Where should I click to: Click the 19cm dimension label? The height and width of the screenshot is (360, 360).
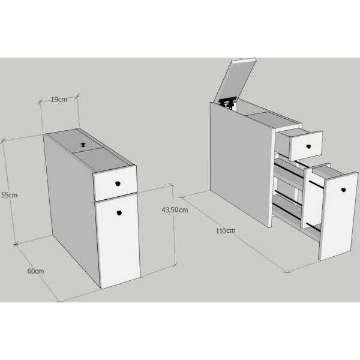tap(59, 100)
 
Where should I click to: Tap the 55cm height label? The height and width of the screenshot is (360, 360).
tap(10, 195)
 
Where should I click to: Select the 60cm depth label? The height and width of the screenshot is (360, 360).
tap(35, 271)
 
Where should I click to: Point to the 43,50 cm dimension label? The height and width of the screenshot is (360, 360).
tap(175, 210)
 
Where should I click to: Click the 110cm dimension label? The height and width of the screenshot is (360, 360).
tap(226, 230)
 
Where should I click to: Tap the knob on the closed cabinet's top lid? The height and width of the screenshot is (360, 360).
tap(83, 145)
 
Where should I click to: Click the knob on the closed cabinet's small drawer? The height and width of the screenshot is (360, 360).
tap(118, 184)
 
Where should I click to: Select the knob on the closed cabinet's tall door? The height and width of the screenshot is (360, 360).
tap(119, 213)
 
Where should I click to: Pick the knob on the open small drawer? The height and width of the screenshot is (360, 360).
tap(308, 146)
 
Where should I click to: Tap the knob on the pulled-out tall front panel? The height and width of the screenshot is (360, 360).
tap(343, 190)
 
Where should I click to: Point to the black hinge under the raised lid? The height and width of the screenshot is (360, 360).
tap(227, 103)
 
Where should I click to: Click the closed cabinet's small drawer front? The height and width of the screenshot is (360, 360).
tap(115, 183)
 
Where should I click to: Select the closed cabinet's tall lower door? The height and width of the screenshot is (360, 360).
tap(118, 241)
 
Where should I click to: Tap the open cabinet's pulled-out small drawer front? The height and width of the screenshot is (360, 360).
tap(306, 146)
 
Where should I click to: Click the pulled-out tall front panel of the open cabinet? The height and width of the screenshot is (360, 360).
tap(338, 216)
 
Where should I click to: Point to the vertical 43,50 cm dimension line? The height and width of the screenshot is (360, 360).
tap(174, 225)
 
